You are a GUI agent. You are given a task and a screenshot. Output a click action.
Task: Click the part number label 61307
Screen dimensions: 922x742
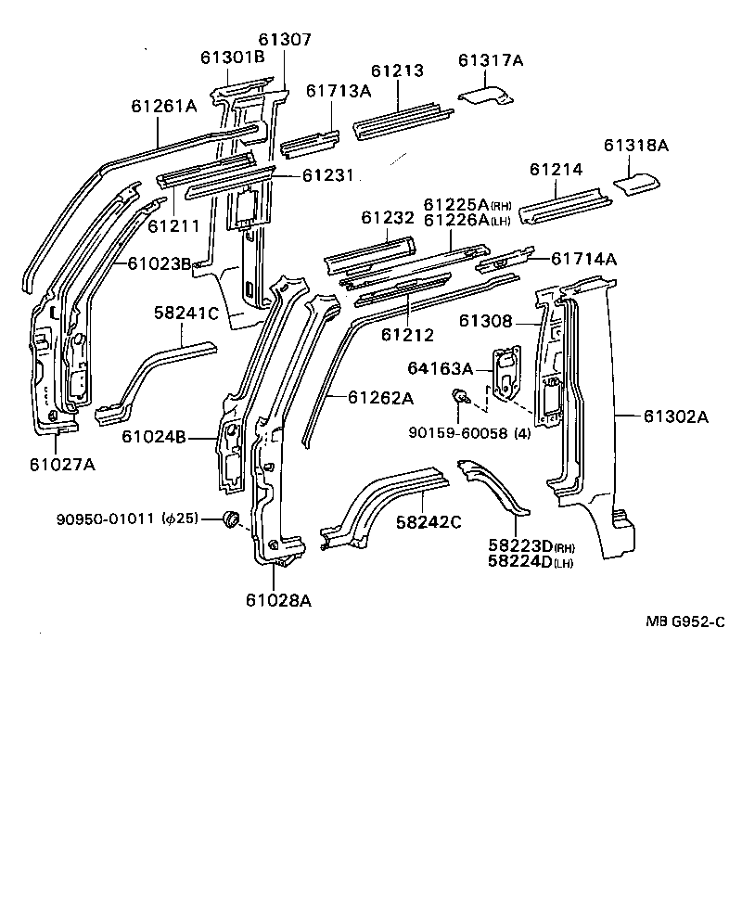pos(285,40)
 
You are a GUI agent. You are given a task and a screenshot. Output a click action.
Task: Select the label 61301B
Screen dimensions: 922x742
pos(232,58)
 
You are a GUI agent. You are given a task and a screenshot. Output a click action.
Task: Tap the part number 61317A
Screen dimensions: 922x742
pos(491,60)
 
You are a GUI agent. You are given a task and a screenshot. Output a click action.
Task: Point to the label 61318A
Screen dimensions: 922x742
pos(635,146)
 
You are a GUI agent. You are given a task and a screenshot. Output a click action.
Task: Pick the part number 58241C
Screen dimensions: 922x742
pos(185,313)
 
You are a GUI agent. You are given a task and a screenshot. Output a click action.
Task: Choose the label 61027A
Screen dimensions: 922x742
pos(62,464)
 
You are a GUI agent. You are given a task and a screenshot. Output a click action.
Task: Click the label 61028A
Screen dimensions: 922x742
pos(278,600)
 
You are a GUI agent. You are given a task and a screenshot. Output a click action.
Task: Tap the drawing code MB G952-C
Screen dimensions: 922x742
pos(685,621)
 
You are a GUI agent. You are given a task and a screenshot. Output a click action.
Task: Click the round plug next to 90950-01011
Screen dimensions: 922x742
pos(233,519)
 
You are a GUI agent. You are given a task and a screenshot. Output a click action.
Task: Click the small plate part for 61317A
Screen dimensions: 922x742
pos(486,94)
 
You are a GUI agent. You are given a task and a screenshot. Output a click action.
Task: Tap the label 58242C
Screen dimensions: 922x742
pos(429,522)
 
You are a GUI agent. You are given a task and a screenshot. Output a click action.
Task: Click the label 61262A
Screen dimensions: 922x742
pos(380,398)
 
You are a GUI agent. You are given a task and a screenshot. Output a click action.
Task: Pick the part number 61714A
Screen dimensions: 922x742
pos(583,259)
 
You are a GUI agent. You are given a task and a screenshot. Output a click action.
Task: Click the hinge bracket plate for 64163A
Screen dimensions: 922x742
pos(506,372)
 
